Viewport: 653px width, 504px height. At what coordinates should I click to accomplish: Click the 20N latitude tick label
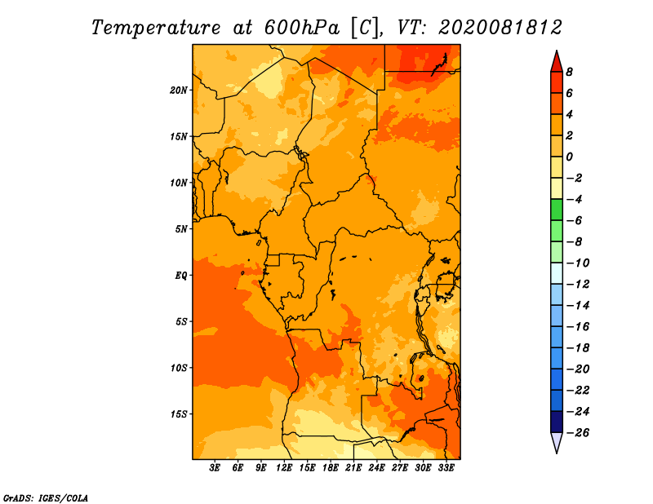point(179,91)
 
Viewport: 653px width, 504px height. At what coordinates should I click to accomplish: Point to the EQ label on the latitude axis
point(180,276)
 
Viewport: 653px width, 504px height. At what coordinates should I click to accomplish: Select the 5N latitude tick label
point(181,229)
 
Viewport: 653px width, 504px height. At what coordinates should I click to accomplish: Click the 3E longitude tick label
point(215,468)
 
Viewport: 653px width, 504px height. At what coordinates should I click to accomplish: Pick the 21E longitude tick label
point(353,468)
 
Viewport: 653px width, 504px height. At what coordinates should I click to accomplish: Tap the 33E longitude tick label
point(446,468)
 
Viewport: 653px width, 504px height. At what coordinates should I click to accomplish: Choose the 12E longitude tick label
point(283,468)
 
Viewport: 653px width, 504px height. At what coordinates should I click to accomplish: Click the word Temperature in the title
point(156,29)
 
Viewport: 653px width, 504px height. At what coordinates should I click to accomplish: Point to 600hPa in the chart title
point(302,28)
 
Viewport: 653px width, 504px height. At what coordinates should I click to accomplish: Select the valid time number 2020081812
point(500,28)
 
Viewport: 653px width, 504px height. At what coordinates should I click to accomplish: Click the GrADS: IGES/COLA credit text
point(46,498)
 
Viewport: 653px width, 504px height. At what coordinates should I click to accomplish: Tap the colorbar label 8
point(569,72)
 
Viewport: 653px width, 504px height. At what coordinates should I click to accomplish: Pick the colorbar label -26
point(578,433)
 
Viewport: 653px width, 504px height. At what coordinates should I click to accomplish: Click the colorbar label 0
point(569,157)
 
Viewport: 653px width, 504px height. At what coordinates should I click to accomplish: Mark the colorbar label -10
point(578,263)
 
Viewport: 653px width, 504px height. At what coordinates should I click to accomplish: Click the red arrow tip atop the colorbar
point(557,51)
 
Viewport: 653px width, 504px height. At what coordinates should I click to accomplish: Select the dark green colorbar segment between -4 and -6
point(557,210)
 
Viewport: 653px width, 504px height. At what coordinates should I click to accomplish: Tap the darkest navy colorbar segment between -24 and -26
point(557,422)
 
